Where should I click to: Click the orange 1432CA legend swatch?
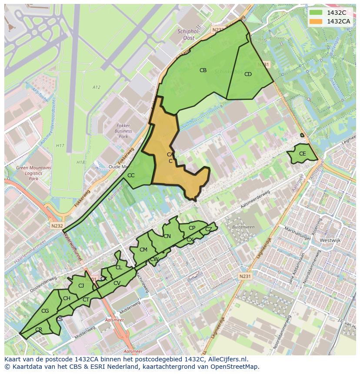316,21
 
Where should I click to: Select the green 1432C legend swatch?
316,13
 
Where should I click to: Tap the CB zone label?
203,70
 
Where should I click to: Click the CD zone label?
248,74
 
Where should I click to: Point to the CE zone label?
302,154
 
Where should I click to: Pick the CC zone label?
131,175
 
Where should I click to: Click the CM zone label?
143,249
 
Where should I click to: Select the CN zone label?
167,236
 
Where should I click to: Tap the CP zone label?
192,228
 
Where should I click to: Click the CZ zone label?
209,229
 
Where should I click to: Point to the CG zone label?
45,311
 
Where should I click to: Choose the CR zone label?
39,330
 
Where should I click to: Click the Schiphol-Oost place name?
189,34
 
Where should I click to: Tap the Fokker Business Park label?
123,131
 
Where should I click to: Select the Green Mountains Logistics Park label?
33,173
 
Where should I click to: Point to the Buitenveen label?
243,227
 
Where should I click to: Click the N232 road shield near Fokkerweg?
57,226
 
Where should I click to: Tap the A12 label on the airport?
96,87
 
